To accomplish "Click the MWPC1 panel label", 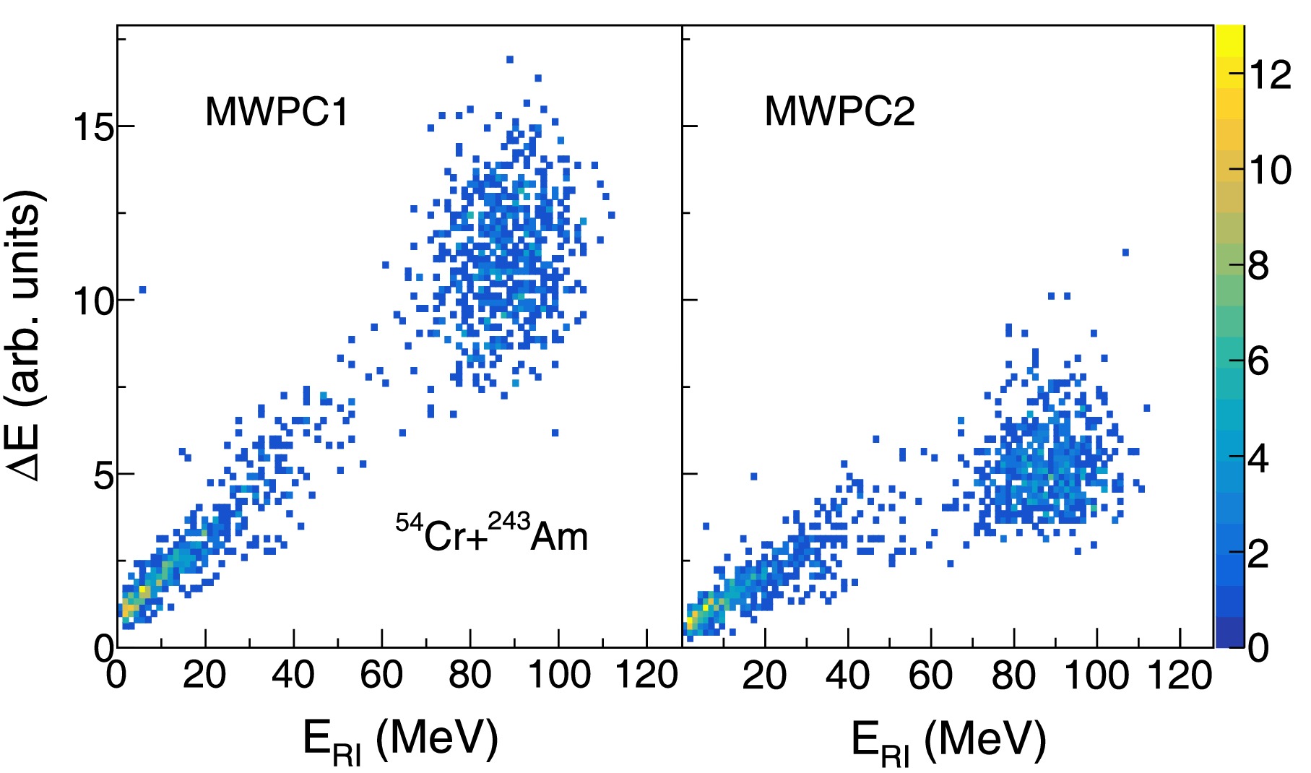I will (277, 112).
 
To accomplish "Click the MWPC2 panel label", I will (839, 112).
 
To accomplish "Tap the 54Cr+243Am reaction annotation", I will (492, 532).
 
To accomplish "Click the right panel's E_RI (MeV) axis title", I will (948, 740).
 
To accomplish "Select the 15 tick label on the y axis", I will (94, 127).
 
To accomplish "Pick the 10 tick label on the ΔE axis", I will (94, 301).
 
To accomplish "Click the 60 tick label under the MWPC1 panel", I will (381, 675).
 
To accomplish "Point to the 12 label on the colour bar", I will (1270, 75).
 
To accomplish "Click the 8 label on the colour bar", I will (1258, 266).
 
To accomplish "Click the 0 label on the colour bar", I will (1258, 648).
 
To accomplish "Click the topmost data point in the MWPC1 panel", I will (510, 59).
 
